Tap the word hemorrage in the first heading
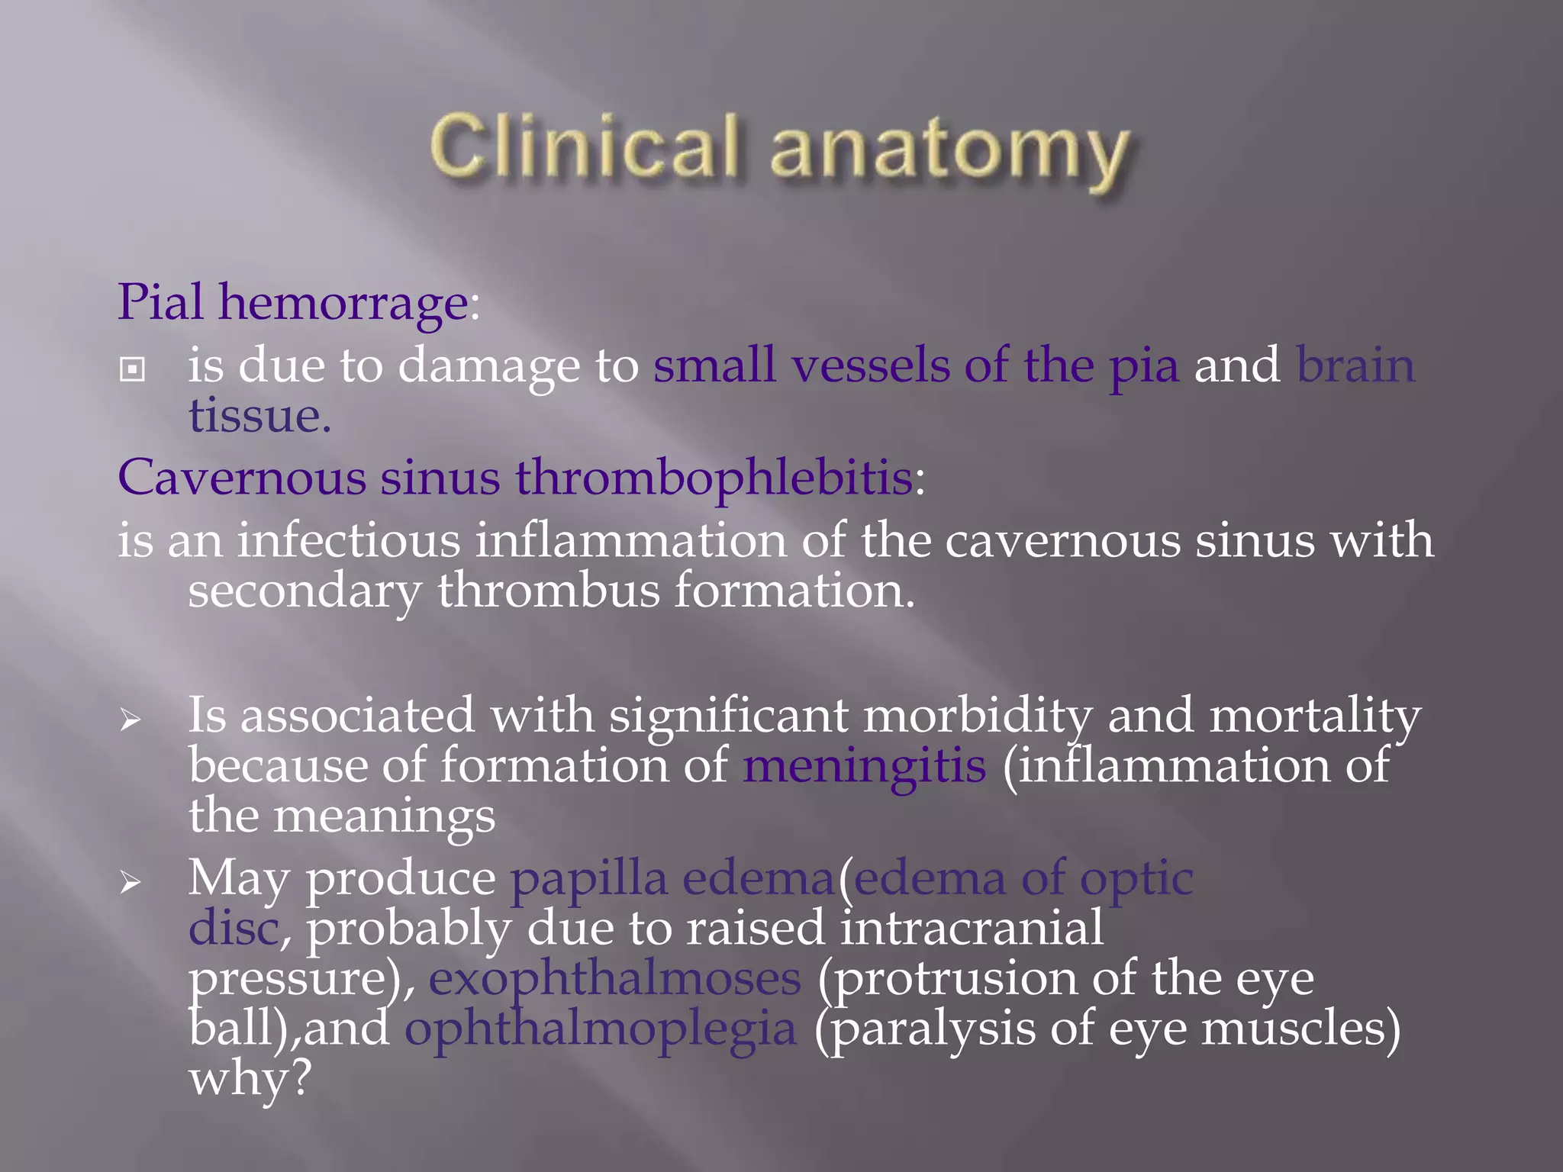pos(343,303)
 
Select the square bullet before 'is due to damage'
pos(133,370)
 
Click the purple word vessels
pos(870,365)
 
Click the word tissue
pos(259,417)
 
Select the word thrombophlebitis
pos(714,478)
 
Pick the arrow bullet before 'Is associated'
pos(131,720)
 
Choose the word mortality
pos(1315,716)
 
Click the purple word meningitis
pos(864,766)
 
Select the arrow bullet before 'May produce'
pos(131,883)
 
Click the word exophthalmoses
pos(614,979)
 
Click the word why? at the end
pos(250,1079)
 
